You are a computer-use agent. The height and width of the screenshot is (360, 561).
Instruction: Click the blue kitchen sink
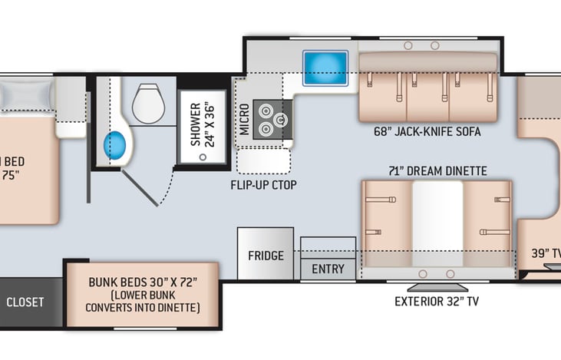(325, 68)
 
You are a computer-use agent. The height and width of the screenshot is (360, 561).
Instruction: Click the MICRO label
(243, 120)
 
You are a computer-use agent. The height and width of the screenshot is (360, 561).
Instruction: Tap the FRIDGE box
(265, 255)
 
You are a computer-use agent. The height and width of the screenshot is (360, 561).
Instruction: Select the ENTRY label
(328, 269)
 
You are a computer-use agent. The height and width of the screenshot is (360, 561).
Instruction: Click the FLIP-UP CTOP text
(263, 185)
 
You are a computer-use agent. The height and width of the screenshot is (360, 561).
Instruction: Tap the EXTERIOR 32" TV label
(436, 301)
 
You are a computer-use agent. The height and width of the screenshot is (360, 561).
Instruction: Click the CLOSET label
(25, 302)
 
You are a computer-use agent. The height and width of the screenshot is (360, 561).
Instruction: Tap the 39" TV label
(546, 252)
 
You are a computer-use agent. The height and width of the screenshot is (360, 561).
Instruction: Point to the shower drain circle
(203, 156)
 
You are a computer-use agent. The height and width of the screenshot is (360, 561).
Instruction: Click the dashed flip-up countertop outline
(263, 161)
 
